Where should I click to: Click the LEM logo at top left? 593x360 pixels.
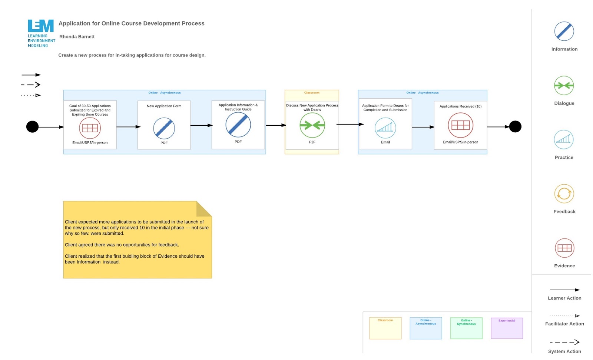(41, 33)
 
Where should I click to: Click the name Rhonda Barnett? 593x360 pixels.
(77, 37)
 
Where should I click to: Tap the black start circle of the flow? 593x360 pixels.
(32, 127)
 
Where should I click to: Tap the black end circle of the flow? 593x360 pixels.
(515, 127)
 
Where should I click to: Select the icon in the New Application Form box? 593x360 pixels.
(164, 128)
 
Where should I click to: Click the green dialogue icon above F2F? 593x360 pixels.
(312, 125)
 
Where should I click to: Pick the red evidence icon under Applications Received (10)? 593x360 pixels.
(460, 125)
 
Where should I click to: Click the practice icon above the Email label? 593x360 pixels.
(385, 128)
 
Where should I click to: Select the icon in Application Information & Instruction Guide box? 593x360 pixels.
(238, 125)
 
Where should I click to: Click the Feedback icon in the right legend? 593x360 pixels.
(564, 194)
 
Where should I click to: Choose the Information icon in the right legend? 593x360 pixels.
(564, 31)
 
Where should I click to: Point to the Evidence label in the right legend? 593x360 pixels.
(564, 266)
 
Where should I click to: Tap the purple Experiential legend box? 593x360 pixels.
(506, 328)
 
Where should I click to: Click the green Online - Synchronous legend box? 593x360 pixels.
(466, 328)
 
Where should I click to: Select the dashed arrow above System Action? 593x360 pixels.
(564, 342)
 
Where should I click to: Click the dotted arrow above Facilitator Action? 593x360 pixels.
(564, 316)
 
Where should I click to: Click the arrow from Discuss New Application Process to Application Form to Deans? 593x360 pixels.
(349, 124)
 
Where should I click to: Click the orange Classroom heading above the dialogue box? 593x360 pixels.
(311, 93)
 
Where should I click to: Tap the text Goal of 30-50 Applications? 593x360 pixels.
(90, 106)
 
